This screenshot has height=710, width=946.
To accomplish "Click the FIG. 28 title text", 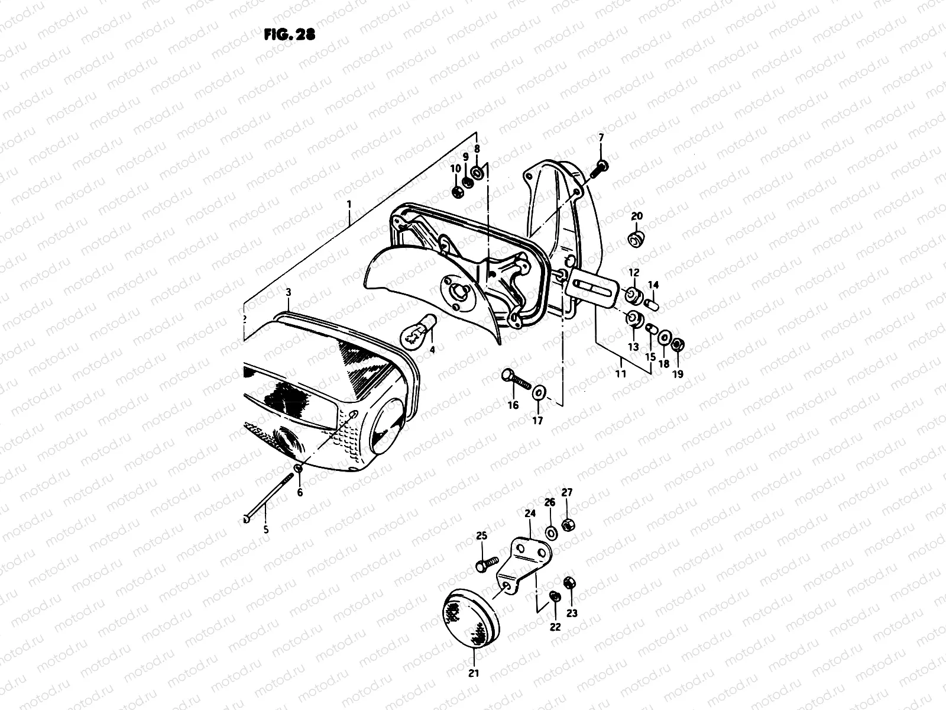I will [289, 35].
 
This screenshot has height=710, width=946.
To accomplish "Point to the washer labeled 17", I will [539, 392].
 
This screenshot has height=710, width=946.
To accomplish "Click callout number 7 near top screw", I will [601, 138].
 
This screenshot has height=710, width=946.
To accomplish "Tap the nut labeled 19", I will [679, 344].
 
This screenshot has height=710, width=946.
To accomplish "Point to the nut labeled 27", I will [566, 525].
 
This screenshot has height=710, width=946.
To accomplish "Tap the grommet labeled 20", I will [636, 240].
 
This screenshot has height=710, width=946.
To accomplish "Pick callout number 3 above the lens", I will [288, 292].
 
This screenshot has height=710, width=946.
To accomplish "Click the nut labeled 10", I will [456, 192].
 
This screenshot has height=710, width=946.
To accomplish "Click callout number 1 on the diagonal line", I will [349, 205].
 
